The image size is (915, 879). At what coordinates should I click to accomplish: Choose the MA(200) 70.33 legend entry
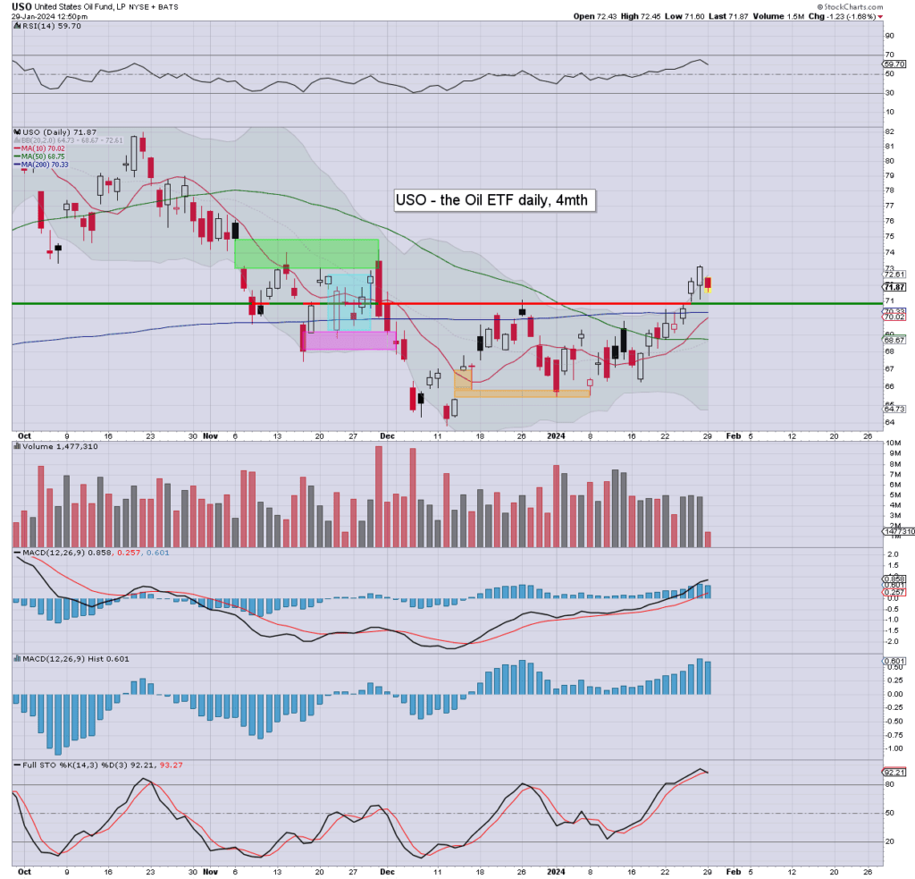[x=44, y=165]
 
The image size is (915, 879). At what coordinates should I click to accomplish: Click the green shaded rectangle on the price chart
[x=306, y=253]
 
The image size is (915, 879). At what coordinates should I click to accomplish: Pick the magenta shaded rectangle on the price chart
[x=349, y=340]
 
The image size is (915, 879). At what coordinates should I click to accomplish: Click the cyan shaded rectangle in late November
[x=351, y=302]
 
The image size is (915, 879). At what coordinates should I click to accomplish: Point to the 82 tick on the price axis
[x=890, y=131]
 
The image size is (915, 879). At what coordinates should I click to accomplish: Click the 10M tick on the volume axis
[x=892, y=444]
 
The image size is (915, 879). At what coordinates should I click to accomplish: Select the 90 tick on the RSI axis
[x=890, y=35]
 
